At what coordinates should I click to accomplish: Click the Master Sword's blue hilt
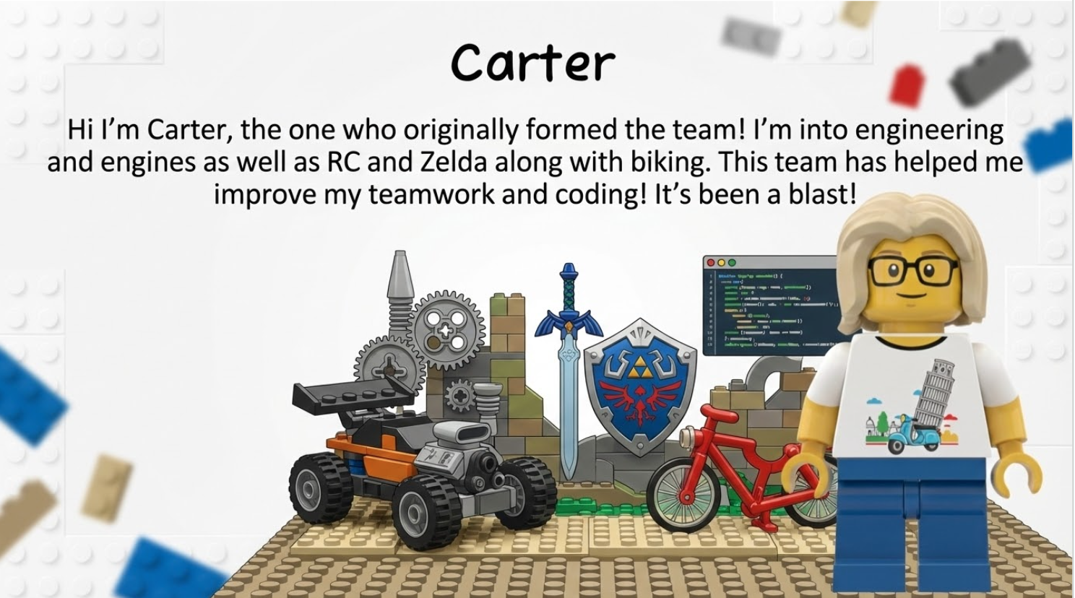point(569,300)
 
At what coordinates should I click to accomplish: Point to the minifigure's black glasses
point(912,272)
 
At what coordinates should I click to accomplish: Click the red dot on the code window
point(710,262)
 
